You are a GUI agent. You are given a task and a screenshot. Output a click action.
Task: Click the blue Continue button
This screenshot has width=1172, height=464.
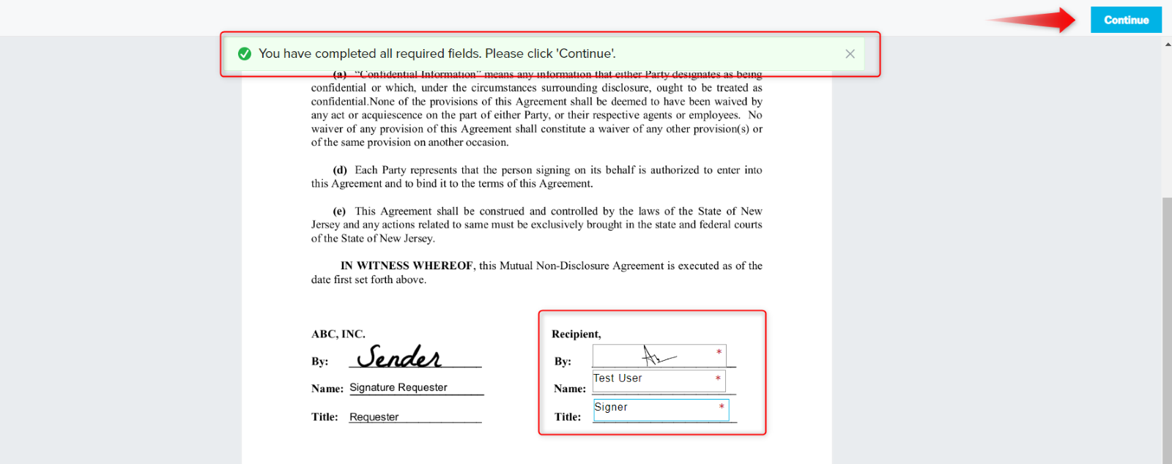click(x=1126, y=20)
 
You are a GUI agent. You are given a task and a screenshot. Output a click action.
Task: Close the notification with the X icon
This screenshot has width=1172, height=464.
click(x=850, y=53)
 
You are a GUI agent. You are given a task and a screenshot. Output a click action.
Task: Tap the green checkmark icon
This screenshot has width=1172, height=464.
click(x=245, y=53)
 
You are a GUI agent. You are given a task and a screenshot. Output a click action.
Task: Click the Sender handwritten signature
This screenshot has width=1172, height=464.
click(x=399, y=356)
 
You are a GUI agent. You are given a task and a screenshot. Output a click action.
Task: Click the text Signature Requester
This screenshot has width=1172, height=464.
click(x=398, y=387)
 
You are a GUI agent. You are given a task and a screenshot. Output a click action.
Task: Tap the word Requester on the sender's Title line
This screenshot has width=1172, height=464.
click(x=374, y=416)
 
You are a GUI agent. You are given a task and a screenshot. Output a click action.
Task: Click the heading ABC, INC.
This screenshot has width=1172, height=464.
click(x=338, y=334)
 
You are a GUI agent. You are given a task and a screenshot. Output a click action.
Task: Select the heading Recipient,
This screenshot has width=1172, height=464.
click(x=576, y=334)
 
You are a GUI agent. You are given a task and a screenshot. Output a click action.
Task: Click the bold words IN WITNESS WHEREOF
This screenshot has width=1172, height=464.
click(x=407, y=266)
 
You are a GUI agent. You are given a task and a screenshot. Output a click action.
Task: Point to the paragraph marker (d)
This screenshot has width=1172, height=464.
click(x=339, y=170)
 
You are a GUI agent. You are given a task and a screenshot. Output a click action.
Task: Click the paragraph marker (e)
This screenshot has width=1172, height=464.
click(x=339, y=211)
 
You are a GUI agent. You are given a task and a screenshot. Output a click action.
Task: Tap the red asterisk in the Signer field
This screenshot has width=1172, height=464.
click(x=722, y=407)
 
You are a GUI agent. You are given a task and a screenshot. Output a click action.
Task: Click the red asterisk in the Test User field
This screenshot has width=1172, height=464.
click(x=718, y=378)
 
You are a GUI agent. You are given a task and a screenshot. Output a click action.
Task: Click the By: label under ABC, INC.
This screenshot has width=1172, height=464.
click(x=319, y=362)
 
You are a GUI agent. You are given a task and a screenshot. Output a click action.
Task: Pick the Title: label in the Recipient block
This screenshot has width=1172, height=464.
click(x=568, y=416)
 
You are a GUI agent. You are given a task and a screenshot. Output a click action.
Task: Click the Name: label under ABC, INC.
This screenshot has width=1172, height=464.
click(x=327, y=389)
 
